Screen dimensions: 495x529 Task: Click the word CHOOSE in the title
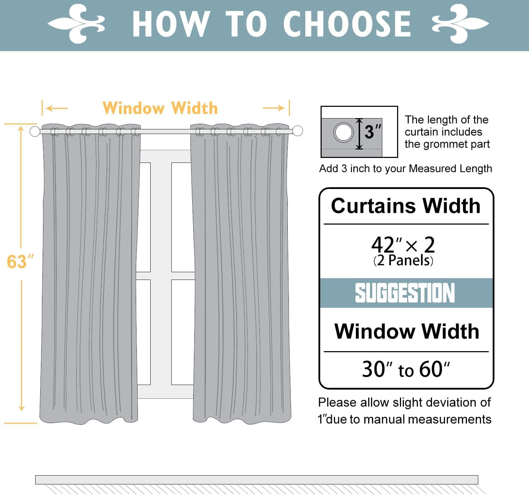[x=347, y=24]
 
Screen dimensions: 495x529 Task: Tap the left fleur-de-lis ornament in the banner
[x=77, y=24]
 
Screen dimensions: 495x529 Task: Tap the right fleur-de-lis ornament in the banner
[x=460, y=24]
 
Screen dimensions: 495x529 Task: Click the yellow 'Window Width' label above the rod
[x=160, y=108]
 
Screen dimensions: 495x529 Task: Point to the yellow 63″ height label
[x=20, y=262]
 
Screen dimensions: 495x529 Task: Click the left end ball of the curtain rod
[x=35, y=131]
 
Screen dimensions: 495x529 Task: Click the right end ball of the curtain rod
[x=298, y=131]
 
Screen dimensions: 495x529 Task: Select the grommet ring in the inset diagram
[x=343, y=133]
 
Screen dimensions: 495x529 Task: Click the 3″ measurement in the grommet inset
[x=372, y=132]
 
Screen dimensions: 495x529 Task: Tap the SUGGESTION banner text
[x=405, y=293]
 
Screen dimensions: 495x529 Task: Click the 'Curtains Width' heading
[x=406, y=206]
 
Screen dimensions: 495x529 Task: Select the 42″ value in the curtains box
[x=386, y=244]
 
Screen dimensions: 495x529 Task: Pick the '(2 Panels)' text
[x=403, y=261]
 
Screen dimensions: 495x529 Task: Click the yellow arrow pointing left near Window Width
[x=56, y=108]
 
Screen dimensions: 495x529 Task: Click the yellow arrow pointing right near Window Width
[x=274, y=108]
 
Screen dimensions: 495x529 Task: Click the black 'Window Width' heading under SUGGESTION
[x=407, y=331]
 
